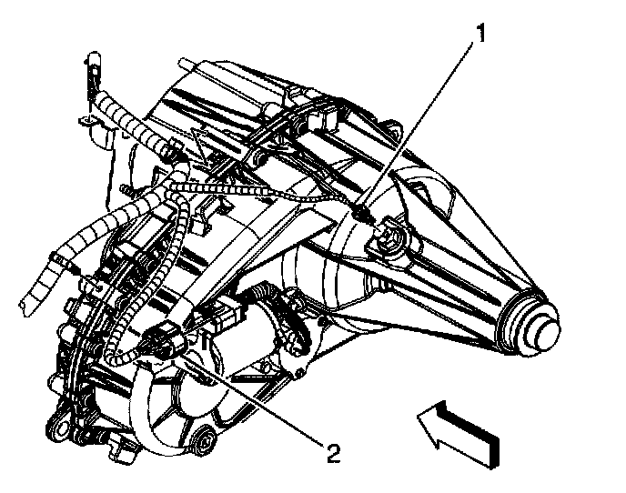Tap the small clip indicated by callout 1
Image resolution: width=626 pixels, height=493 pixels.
[x=362, y=211]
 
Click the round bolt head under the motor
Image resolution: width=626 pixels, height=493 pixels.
[x=204, y=441]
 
